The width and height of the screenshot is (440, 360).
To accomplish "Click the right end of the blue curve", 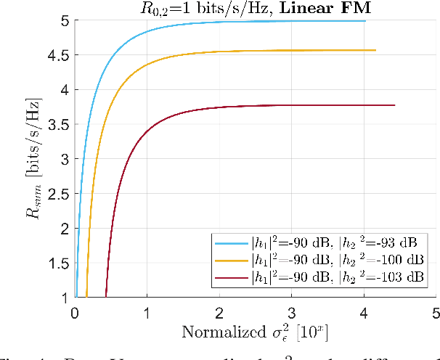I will [364, 21].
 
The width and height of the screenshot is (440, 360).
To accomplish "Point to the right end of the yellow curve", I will [375, 50].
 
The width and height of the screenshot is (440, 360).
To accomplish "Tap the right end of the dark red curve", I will [394, 105].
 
